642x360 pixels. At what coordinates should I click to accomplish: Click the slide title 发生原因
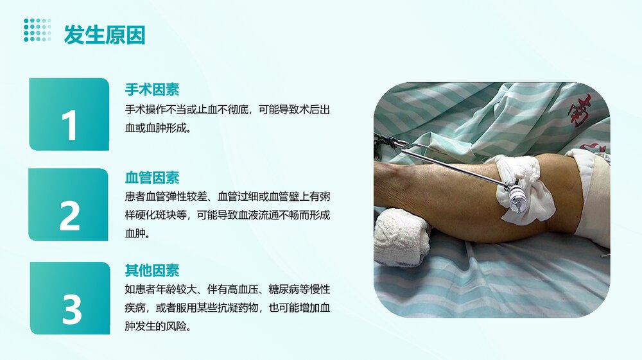click(x=104, y=35)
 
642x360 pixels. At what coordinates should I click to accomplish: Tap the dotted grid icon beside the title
click(x=37, y=30)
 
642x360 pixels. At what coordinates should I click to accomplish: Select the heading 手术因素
click(x=152, y=89)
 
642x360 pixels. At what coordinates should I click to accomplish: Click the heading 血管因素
click(x=152, y=178)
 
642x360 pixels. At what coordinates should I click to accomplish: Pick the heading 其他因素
click(x=152, y=270)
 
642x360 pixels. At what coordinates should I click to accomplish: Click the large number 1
click(x=69, y=125)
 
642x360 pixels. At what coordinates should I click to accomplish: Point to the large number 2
click(x=69, y=216)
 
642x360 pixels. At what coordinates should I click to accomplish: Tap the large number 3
click(x=71, y=309)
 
